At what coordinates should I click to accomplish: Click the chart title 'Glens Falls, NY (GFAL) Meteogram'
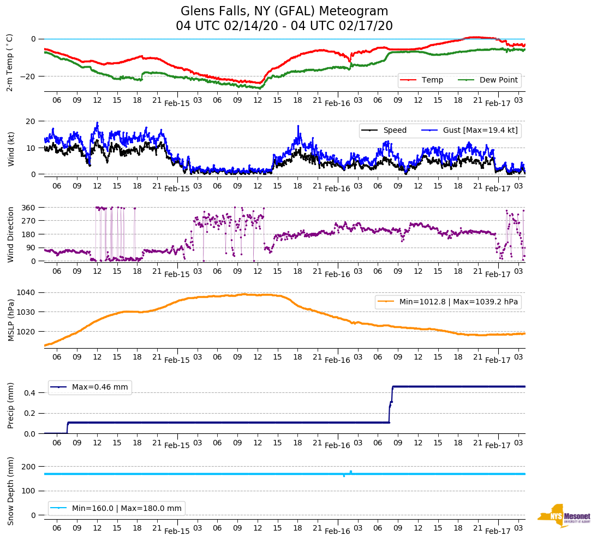[284, 11]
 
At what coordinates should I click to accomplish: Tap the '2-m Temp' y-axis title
[10, 62]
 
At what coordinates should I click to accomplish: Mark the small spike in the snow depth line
[350, 472]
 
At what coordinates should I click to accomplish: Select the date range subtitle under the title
[284, 26]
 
